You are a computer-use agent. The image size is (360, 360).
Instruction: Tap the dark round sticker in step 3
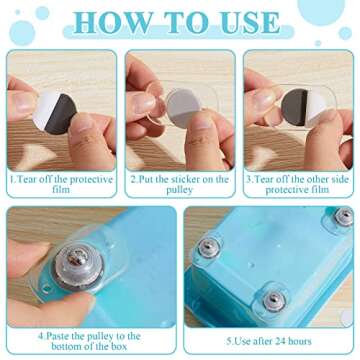coord(301,110)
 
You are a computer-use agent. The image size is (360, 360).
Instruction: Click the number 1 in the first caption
coord(11,180)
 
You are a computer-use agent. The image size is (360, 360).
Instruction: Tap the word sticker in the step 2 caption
coord(191,180)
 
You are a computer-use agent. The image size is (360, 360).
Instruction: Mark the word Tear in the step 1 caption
coord(28,180)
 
